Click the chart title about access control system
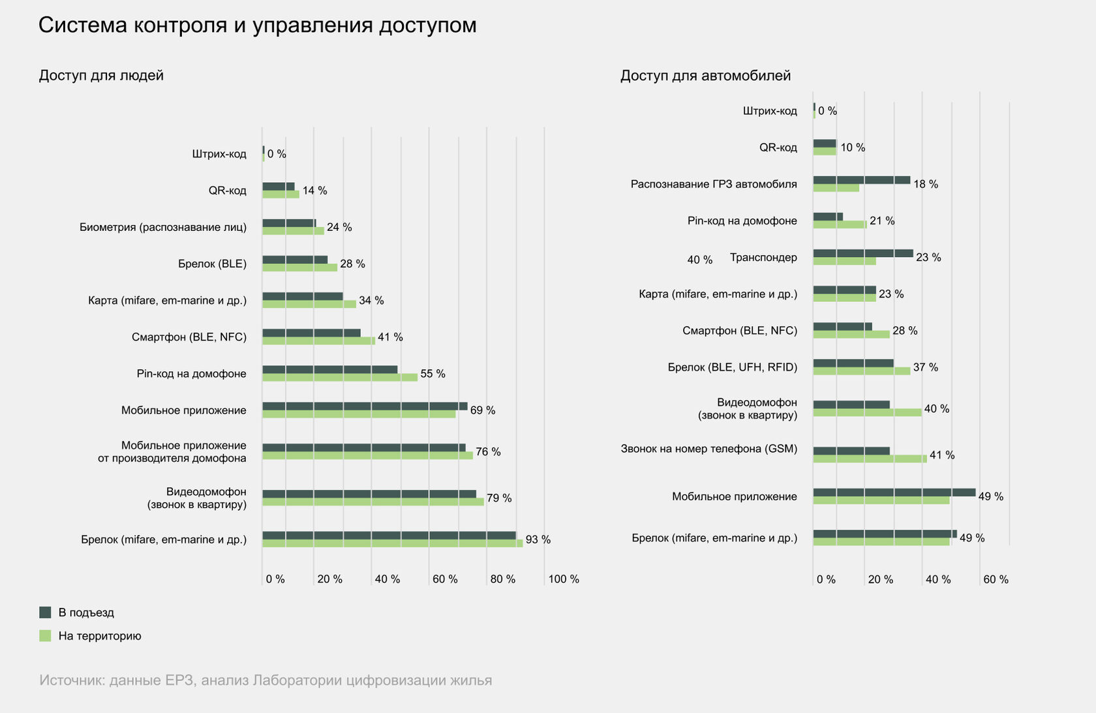pos(257,25)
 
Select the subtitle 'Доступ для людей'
pos(101,76)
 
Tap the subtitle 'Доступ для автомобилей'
pos(705,76)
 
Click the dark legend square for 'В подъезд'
pos(45,613)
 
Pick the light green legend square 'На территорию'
pos(45,636)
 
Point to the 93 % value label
pos(538,539)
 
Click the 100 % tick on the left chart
pos(563,579)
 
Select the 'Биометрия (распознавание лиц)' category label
pos(163,227)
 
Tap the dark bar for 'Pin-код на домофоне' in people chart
pos(329,370)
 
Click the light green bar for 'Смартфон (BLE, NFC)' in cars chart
pos(851,335)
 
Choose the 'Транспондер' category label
pos(763,258)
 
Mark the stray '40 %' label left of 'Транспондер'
pos(699,260)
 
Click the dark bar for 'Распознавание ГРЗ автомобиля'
pos(861,180)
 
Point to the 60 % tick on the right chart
pos(995,579)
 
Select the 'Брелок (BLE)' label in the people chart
pos(212,264)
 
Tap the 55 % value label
pos(433,374)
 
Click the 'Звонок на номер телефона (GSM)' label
pos(708,449)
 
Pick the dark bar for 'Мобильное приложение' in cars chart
pos(894,493)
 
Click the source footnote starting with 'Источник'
pos(266,680)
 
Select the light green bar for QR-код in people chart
pos(281,194)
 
